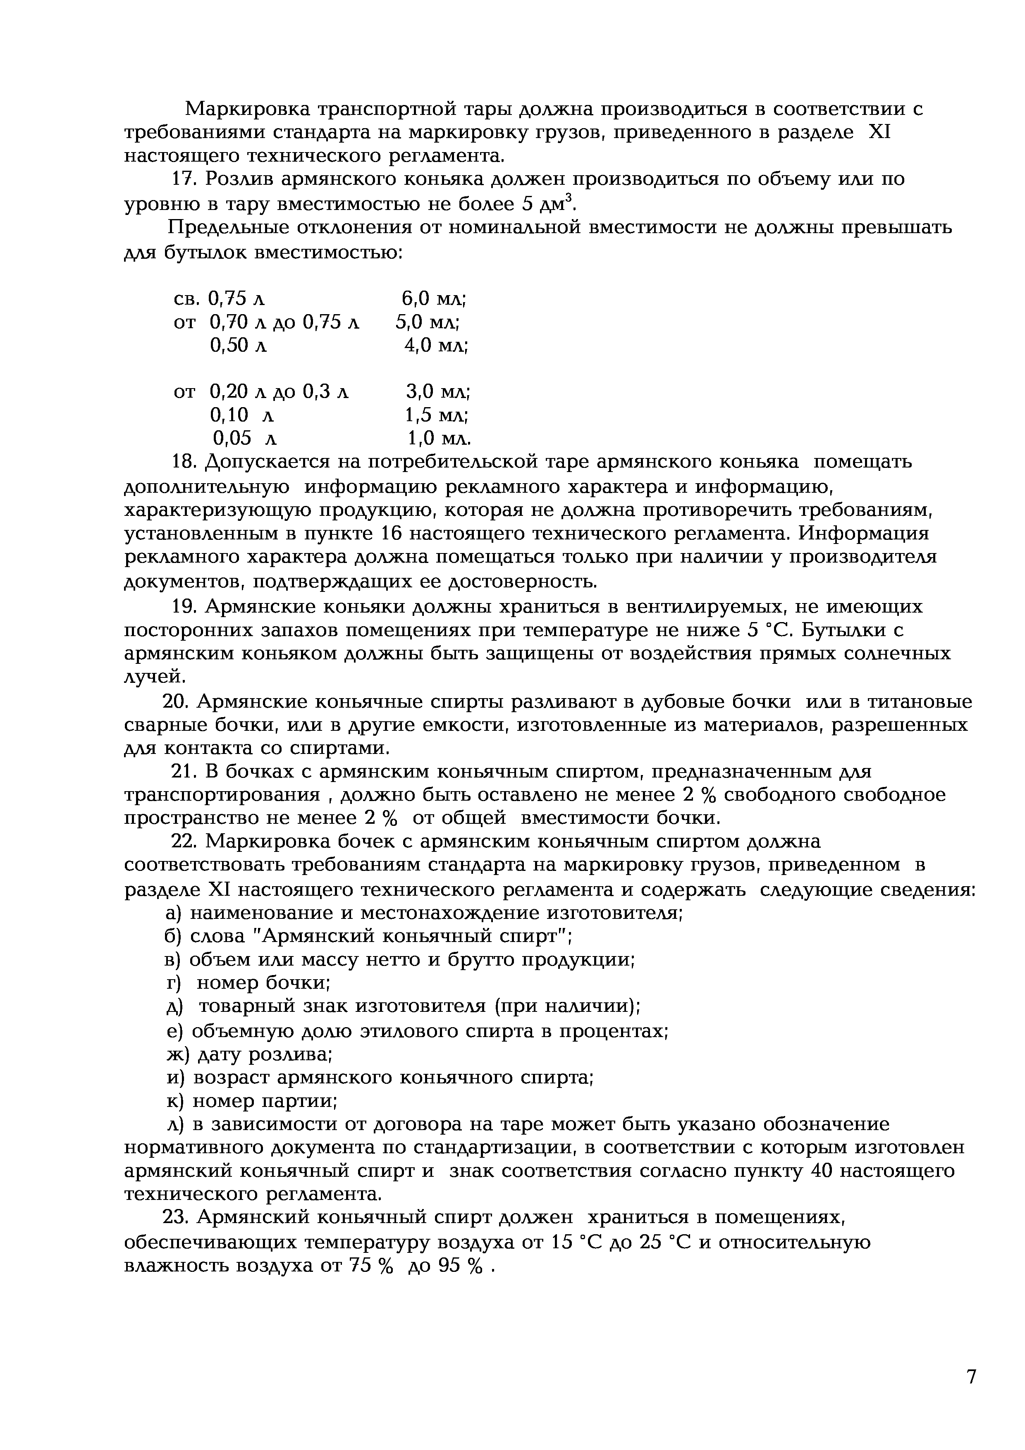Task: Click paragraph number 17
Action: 184,180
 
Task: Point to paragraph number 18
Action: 185,462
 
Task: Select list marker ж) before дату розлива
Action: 177,1055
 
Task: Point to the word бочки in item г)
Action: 297,983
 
